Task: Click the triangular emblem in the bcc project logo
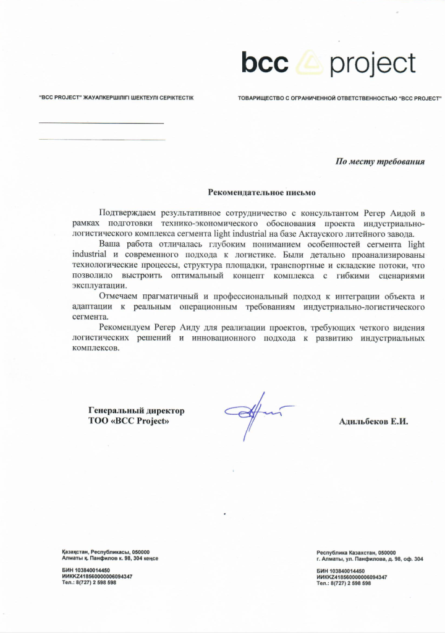click(307, 64)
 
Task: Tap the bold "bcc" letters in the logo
click(266, 62)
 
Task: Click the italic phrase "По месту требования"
click(380, 162)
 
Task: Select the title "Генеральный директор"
click(137, 410)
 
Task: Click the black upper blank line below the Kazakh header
click(101, 124)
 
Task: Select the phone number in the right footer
click(344, 583)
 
